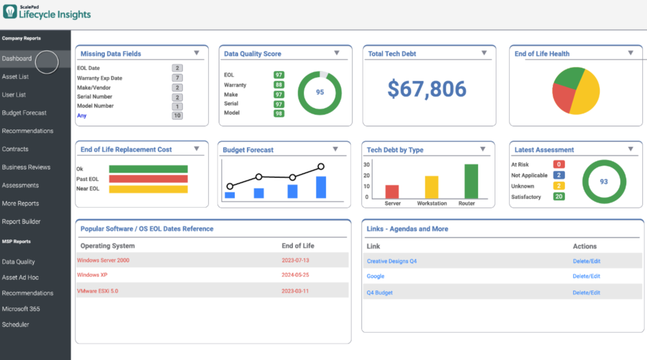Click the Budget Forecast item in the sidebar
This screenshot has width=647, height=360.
pos(24,113)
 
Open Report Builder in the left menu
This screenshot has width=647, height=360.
pos(21,222)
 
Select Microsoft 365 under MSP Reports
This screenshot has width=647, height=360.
pos(21,309)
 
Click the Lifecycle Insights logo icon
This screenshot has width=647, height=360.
pos(10,12)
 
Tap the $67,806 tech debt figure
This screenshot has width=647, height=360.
pos(426,89)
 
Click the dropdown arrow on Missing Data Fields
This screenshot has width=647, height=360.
pos(196,53)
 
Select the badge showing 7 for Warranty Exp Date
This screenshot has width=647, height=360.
pos(177,78)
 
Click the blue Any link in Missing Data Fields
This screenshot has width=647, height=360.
pos(82,116)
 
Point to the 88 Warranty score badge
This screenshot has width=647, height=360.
pos(279,85)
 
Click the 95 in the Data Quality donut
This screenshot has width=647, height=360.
pos(320,92)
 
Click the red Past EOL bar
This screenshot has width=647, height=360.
pos(148,179)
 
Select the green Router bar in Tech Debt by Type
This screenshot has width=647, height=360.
pos(471,181)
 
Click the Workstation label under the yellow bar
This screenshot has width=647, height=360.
pos(432,204)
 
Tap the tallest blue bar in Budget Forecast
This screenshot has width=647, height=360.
pos(321,187)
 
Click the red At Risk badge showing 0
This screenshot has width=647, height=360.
pos(559,164)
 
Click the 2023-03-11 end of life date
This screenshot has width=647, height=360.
pos(295,291)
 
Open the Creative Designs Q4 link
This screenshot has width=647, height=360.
pos(392,261)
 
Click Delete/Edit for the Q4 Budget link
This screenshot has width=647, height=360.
pos(586,293)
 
